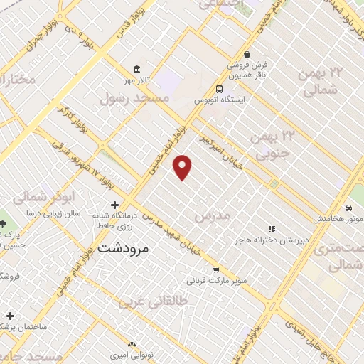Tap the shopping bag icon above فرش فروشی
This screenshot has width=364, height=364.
[x=246, y=53]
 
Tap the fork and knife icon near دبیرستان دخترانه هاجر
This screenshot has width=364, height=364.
[x=272, y=228]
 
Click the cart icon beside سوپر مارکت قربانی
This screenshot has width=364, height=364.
[x=216, y=269]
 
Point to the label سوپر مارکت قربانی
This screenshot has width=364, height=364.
[x=217, y=281]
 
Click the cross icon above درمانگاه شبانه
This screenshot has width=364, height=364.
[x=114, y=205]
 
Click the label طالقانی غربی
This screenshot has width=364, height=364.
[x=146, y=301]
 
